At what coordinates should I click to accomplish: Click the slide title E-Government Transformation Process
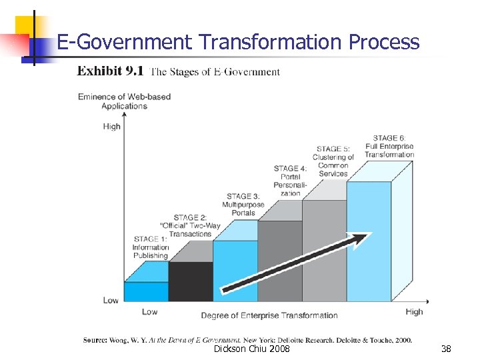238,42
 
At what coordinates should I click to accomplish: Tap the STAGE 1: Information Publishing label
150,247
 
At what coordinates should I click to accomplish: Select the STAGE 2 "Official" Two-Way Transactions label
195,225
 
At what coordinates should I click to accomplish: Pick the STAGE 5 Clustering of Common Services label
333,161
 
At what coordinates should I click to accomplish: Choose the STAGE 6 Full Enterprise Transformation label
389,146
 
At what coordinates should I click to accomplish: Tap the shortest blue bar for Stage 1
147,291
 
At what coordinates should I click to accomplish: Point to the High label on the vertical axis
112,126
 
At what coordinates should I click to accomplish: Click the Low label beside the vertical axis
111,300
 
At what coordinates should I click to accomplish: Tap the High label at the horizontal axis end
414,311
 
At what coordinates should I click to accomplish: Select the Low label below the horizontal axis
150,311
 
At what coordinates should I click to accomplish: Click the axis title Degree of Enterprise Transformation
269,315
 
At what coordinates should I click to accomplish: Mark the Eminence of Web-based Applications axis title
124,101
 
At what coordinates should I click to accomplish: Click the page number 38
446,349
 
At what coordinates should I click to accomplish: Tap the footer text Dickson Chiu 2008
251,349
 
